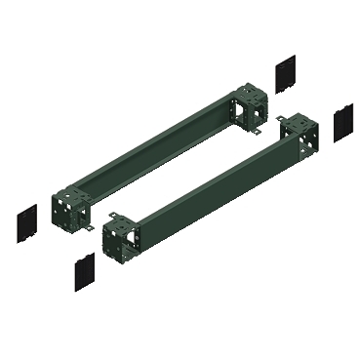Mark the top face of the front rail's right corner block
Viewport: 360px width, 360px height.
pyautogui.click(x=294, y=123)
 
